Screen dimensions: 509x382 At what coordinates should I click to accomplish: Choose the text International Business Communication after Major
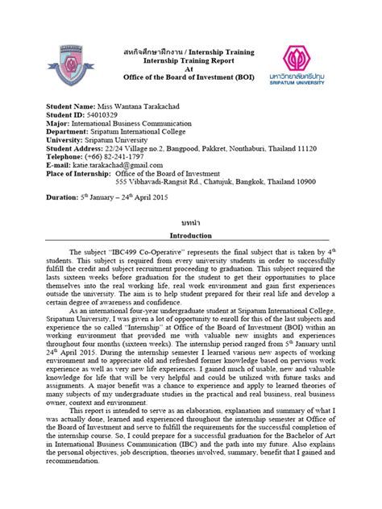138,124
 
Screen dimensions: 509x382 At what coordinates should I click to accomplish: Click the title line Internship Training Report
190,60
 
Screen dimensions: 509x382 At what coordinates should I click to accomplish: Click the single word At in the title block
190,69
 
